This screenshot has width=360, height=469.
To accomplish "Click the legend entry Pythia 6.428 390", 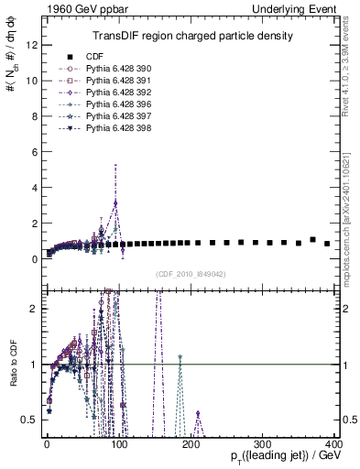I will (x=111, y=69).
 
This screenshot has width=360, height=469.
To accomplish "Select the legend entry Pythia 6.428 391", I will (x=111, y=81).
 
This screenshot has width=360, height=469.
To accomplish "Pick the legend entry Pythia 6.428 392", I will (x=111, y=93).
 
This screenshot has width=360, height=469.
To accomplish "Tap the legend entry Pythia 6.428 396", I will (x=111, y=104).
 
